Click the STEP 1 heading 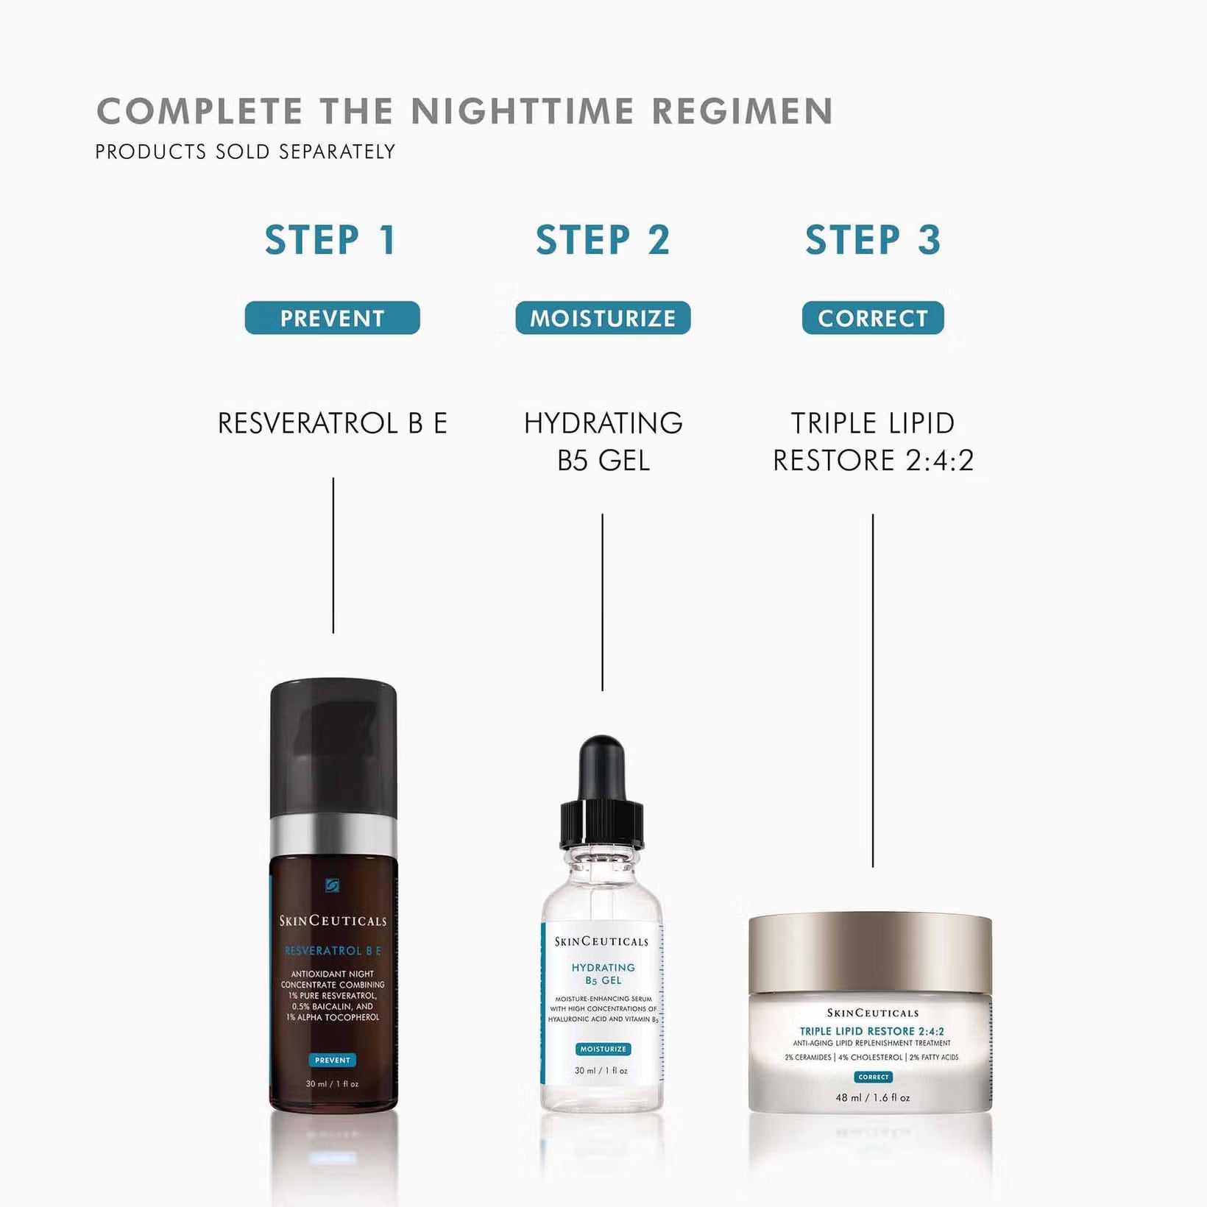coord(331,240)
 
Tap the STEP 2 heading coord(603,240)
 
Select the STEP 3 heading coord(873,240)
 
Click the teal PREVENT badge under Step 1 coord(332,318)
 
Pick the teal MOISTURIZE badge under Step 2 coord(603,318)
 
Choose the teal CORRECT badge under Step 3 coord(873,318)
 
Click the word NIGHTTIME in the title coord(522,112)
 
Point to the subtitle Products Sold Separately coord(245,152)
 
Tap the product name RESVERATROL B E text coord(332,423)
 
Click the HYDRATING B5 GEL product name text coord(603,442)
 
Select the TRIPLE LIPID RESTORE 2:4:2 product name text coord(873,442)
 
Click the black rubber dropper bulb coord(602,769)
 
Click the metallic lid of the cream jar coord(870,954)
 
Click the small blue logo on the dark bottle coord(333,885)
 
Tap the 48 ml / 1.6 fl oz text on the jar coord(872,1097)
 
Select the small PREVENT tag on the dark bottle coord(332,1061)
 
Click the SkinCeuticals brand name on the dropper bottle coord(601,941)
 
